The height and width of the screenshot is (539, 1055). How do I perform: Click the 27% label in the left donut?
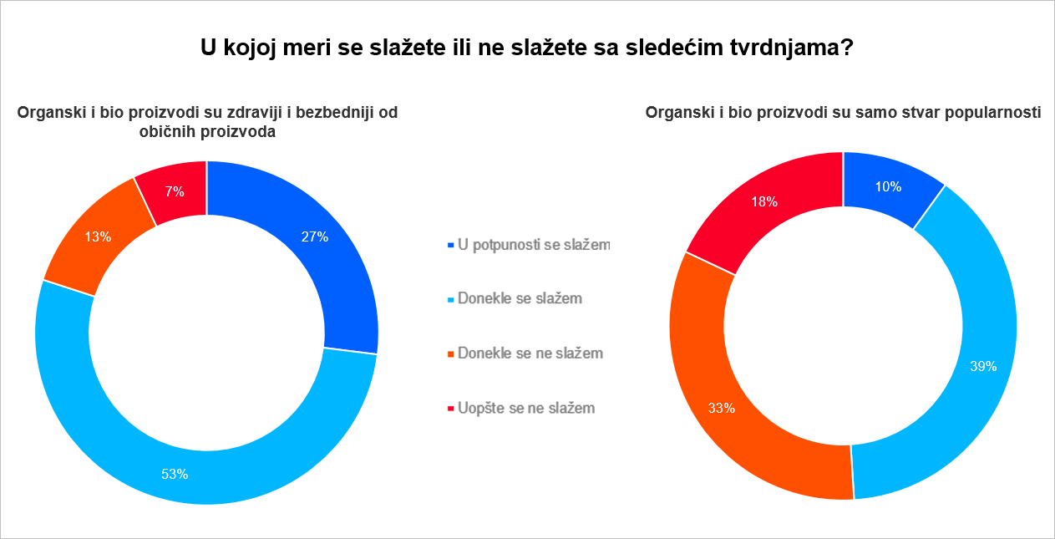click(x=315, y=236)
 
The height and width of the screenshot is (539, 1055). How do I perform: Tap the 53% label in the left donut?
click(x=175, y=474)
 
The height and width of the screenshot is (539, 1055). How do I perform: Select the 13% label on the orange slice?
click(x=98, y=236)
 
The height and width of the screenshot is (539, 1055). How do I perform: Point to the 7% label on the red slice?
click(x=175, y=191)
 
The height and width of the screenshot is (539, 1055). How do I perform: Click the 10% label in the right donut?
click(x=888, y=186)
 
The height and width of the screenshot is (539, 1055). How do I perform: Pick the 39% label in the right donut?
click(x=983, y=366)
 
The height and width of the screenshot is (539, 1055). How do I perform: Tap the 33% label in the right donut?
click(x=722, y=408)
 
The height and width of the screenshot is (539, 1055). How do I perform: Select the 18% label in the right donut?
click(x=764, y=201)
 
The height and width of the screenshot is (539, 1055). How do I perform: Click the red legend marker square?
click(x=451, y=408)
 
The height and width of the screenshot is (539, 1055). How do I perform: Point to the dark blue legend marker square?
click(x=451, y=245)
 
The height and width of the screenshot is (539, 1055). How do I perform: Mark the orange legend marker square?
click(x=451, y=353)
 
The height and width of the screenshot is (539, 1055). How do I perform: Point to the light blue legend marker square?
click(x=451, y=298)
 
